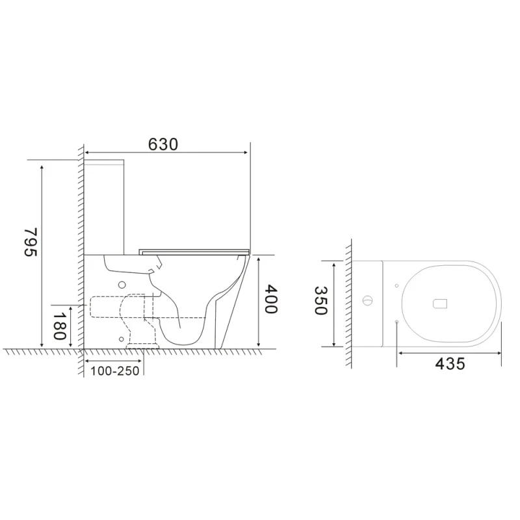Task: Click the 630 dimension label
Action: (x=162, y=144)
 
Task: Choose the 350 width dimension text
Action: (x=320, y=301)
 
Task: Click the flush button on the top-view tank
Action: (x=368, y=302)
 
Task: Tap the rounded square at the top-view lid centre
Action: (x=441, y=302)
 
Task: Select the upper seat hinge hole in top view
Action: (x=396, y=285)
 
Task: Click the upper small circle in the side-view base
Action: (x=122, y=284)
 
